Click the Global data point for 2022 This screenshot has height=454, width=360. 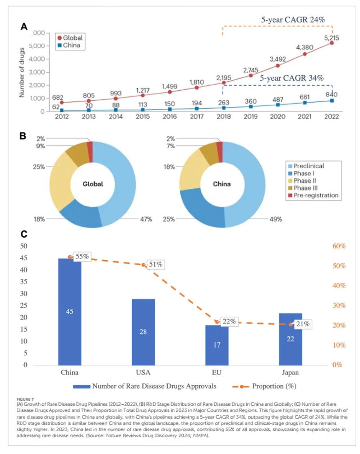pyautogui.click(x=332, y=43)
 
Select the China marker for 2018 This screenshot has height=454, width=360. pyautogui.click(x=224, y=108)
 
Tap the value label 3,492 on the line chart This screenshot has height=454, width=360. pyautogui.click(x=277, y=59)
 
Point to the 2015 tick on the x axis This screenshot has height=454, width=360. pyautogui.click(x=143, y=116)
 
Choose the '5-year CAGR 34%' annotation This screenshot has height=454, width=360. pyautogui.click(x=291, y=78)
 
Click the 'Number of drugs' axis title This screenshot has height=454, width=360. pyautogui.click(x=21, y=72)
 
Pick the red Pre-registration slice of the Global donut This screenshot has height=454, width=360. pyautogui.click(x=90, y=152)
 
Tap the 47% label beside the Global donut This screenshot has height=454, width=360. pyautogui.click(x=146, y=219)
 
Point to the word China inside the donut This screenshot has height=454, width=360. pyautogui.click(x=222, y=184)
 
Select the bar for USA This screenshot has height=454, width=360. pyautogui.click(x=143, y=332)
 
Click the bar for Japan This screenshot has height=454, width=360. pyautogui.click(x=291, y=339)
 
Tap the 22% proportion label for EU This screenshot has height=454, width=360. pyautogui.click(x=229, y=322)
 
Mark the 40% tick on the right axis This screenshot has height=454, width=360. pyautogui.click(x=339, y=286)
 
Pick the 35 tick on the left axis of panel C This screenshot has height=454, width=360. pyautogui.click(x=24, y=282)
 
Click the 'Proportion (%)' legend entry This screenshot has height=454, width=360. pyautogui.click(x=264, y=386)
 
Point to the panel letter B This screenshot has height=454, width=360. pyautogui.click(x=23, y=136)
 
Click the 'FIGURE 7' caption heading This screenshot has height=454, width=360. pyautogui.click(x=25, y=399)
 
